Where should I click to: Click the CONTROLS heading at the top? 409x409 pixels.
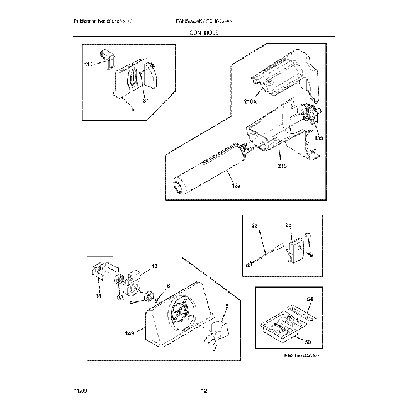[x=204, y=31]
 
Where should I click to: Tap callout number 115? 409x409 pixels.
[x=88, y=64]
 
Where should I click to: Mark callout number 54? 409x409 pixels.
[x=309, y=299]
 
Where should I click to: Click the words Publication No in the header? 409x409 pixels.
[x=87, y=21]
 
